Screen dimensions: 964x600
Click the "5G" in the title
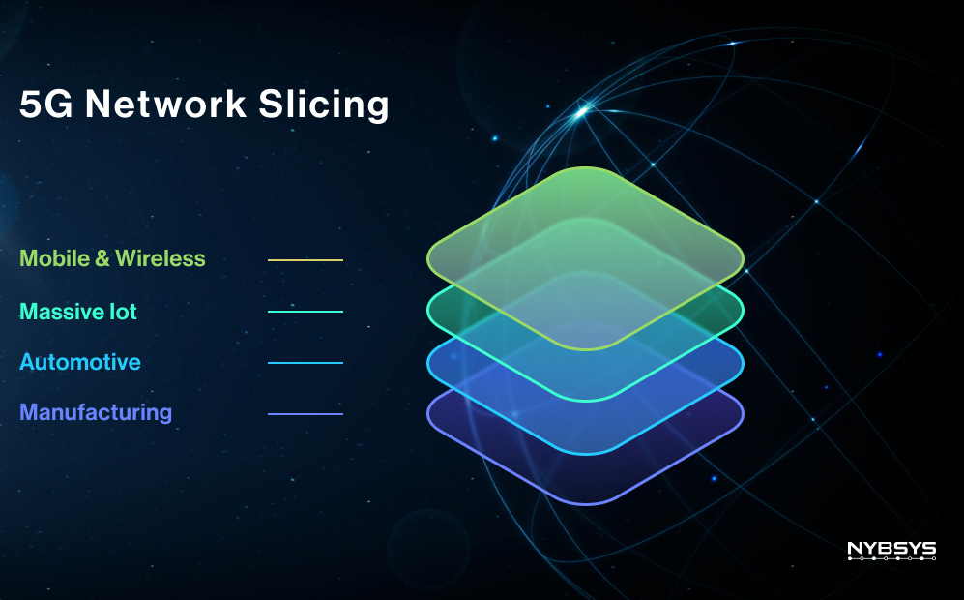point(46,104)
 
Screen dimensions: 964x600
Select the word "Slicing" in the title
point(324,105)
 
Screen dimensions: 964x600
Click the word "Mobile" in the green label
point(55,258)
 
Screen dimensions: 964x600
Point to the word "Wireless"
point(161,258)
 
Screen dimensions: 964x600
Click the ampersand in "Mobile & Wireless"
point(102,258)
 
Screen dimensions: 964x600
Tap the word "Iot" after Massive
point(123,312)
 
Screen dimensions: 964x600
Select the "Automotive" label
point(80,362)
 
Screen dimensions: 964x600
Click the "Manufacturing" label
point(96,413)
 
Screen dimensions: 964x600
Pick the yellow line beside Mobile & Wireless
point(306,260)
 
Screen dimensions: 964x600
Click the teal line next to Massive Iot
point(306,312)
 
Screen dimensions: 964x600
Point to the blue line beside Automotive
point(306,363)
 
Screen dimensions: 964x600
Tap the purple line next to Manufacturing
point(306,414)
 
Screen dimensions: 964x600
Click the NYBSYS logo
point(891,550)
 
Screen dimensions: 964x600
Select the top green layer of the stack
point(585,258)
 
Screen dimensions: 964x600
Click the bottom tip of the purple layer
point(586,504)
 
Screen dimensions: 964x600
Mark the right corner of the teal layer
point(743,311)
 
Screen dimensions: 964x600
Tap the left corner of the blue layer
point(428,363)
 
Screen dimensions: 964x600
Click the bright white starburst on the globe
point(581,112)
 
